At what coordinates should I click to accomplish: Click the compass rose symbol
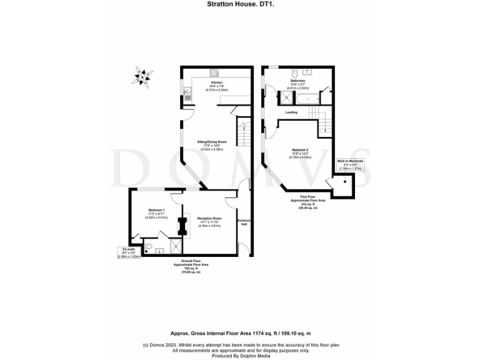pyautogui.click(x=141, y=77)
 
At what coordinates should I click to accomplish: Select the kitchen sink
pyautogui.click(x=187, y=96)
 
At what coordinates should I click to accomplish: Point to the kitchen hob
pyautogui.click(x=214, y=72)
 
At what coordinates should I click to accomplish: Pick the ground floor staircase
pyautogui.click(x=242, y=132)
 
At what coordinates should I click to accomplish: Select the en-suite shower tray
pyautogui.click(x=159, y=250)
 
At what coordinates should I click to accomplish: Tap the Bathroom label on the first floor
pyautogui.click(x=297, y=81)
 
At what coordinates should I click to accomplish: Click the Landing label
pyautogui.click(x=291, y=112)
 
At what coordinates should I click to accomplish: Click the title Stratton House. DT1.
pyautogui.click(x=239, y=4)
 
